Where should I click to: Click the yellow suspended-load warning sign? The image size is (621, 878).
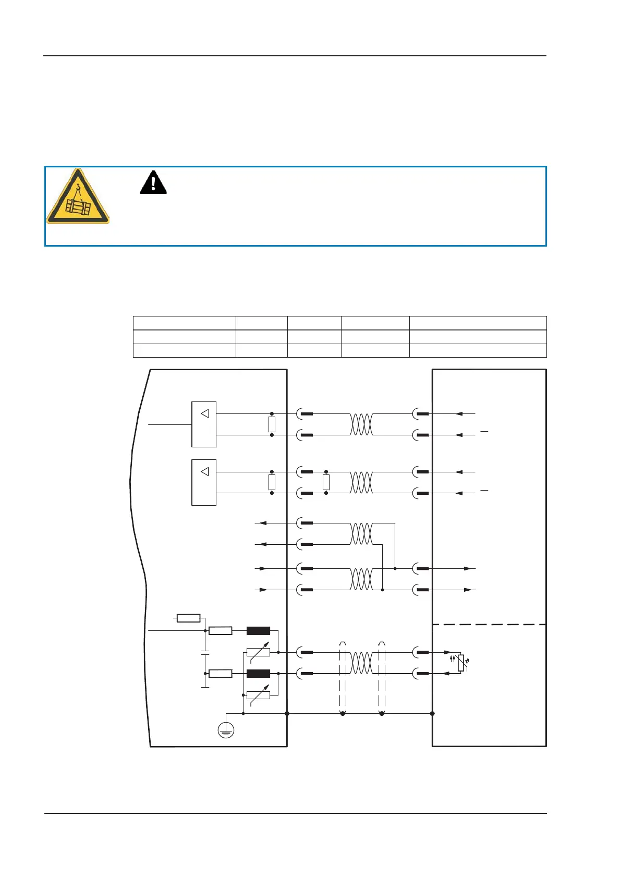tap(78, 197)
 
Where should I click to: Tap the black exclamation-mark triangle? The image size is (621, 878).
tap(153, 182)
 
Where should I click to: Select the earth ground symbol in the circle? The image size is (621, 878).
tap(226, 730)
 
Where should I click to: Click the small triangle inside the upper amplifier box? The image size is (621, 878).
tap(205, 413)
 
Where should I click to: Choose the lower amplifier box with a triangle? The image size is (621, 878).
tap(204, 482)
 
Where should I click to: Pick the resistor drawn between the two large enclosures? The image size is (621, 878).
tap(326, 482)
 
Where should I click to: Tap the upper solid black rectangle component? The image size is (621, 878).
tap(258, 630)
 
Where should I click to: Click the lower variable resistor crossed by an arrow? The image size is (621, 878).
tap(258, 695)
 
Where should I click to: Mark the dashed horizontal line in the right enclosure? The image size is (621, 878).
tap(489, 624)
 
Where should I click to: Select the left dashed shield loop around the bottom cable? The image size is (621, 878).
tap(343, 678)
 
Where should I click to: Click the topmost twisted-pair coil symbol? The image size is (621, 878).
tap(361, 424)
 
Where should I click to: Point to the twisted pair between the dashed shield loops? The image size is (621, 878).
tap(361, 663)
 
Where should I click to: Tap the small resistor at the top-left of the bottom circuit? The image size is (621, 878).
tap(188, 618)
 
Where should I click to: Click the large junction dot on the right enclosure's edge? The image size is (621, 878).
tap(432, 713)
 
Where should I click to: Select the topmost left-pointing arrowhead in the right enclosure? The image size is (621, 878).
tap(459, 414)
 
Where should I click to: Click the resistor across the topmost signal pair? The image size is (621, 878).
tap(272, 424)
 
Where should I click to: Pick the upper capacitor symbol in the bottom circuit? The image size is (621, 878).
tap(205, 652)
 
